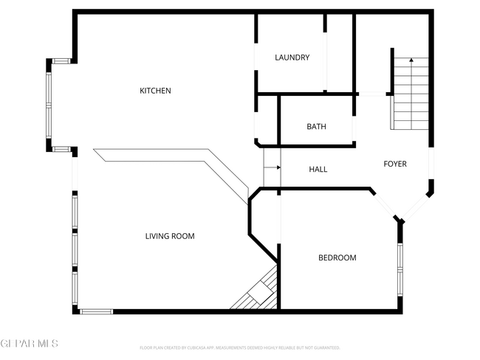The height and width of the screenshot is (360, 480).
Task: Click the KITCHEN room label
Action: pos(156,91)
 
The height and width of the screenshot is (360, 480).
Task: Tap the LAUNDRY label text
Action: pos(292,58)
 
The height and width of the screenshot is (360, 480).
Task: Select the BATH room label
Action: pos(316,127)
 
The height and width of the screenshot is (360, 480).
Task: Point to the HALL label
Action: pos(318,170)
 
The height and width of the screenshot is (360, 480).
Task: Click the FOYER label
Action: pos(394,164)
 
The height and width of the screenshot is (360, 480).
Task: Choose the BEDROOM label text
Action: pos(337,257)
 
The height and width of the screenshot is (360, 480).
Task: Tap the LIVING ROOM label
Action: pos(169,236)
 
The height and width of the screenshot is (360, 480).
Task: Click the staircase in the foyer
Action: pos(410,92)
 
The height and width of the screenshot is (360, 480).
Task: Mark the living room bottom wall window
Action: pos(97,311)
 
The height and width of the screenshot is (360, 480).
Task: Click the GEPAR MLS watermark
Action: pos(29,344)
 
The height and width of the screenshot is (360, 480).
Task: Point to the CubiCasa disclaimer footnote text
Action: pos(239,347)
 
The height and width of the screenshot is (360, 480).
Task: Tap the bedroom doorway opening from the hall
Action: pos(278,218)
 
